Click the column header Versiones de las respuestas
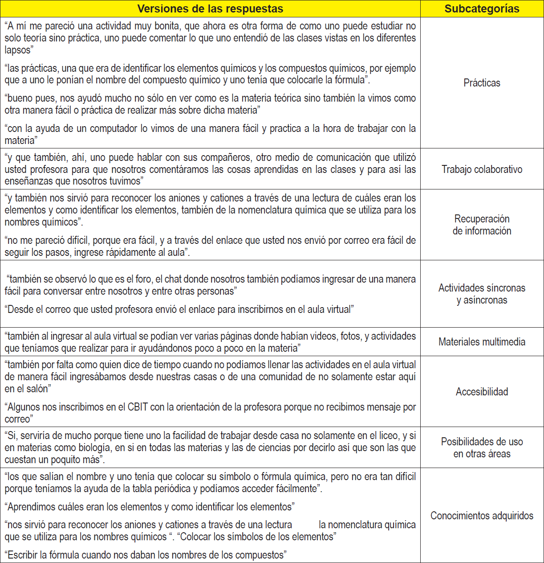point(210,9)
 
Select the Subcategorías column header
point(482,9)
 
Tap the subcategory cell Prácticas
point(482,83)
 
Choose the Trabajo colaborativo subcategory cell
point(482,169)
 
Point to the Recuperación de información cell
point(482,225)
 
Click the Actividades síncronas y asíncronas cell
point(482,294)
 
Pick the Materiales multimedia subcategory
point(482,342)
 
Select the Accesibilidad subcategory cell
point(482,392)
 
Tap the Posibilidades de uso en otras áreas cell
point(482,448)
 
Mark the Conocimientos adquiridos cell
point(482,516)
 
